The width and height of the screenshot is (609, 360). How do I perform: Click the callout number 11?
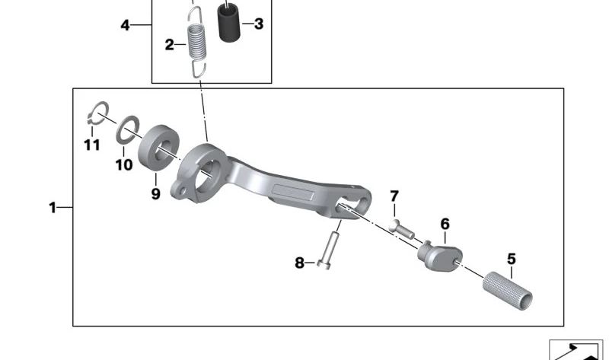point(92,145)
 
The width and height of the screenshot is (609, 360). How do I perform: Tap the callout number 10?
point(124,165)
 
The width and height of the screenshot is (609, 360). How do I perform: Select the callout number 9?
point(155,193)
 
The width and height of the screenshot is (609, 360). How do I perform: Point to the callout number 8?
point(299,263)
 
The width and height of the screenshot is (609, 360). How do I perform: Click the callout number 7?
point(394,196)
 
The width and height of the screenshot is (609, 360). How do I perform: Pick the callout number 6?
point(445,224)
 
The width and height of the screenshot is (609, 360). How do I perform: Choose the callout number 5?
point(512,259)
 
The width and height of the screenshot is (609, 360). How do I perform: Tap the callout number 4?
point(125,25)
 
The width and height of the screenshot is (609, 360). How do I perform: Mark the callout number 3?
point(259,24)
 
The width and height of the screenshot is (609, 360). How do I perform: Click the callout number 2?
point(169,45)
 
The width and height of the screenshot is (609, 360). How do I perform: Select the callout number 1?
point(53,208)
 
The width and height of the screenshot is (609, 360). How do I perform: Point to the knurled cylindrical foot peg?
point(508,291)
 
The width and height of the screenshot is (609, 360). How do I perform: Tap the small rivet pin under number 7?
point(402,230)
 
